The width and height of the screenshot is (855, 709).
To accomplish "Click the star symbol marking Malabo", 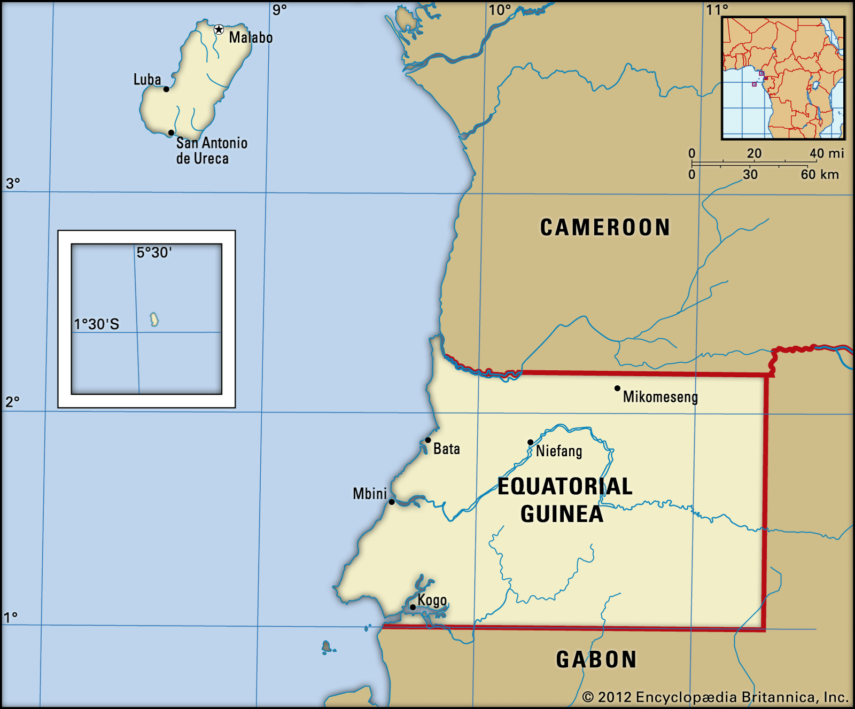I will click(x=219, y=29).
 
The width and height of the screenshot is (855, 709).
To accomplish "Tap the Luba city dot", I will click(x=166, y=89).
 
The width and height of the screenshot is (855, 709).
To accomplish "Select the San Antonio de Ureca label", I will click(x=212, y=151).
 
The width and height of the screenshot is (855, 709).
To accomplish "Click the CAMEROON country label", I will click(x=605, y=227).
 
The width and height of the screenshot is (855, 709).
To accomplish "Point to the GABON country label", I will click(x=596, y=659).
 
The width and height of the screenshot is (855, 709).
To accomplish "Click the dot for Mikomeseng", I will click(x=617, y=388).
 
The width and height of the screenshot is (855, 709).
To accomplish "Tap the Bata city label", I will click(x=446, y=449).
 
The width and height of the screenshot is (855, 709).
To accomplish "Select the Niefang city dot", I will click(x=530, y=442).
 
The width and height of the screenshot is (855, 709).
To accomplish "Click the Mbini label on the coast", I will click(x=369, y=494).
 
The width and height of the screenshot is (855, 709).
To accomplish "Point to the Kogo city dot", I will click(x=413, y=607).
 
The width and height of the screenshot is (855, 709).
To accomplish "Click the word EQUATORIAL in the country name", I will click(x=565, y=486).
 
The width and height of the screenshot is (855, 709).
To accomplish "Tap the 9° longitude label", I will click(x=279, y=10).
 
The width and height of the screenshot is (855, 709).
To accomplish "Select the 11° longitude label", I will click(x=717, y=10).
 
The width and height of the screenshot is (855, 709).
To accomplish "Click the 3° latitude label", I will click(x=13, y=183).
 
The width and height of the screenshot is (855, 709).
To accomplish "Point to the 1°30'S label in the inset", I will click(x=97, y=324).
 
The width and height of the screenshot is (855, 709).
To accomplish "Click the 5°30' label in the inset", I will click(x=154, y=252).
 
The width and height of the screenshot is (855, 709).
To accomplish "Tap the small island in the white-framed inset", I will click(x=154, y=320).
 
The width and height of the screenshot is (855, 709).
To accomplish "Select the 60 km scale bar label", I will click(x=819, y=175).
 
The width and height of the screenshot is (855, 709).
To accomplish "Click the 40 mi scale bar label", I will click(x=826, y=153).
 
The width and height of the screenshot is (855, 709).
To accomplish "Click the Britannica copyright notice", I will click(x=715, y=697).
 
